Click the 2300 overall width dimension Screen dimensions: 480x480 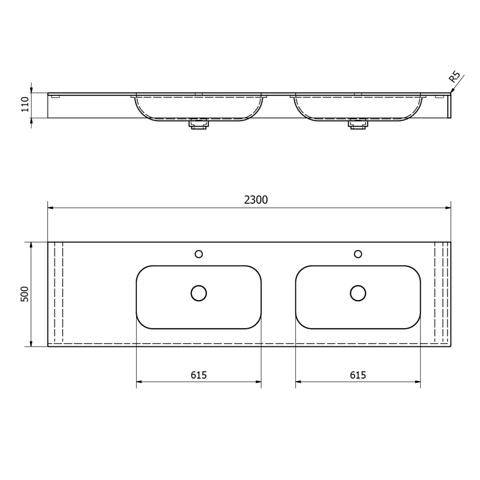click(x=256, y=200)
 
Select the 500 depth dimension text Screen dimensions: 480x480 click(x=25, y=294)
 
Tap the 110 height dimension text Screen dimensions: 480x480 click(x=25, y=104)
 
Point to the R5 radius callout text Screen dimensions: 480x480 click(x=455, y=77)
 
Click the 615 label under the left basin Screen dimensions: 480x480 click(x=199, y=375)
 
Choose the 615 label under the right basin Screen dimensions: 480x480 click(x=358, y=375)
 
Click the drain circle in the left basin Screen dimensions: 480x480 click(x=199, y=293)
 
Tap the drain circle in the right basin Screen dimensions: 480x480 click(x=358, y=293)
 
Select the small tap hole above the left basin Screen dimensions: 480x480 click(x=199, y=254)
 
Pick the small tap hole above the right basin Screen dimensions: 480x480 click(x=358, y=254)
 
